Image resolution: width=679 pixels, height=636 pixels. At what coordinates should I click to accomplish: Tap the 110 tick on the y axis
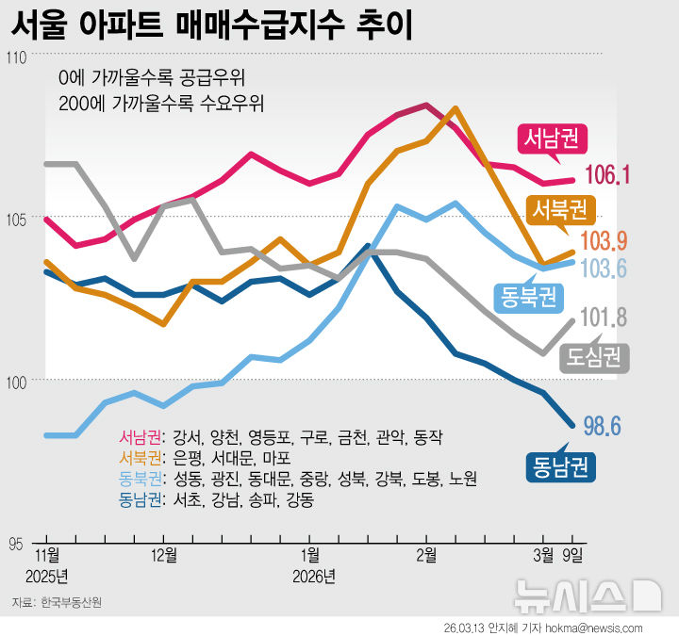[16, 57]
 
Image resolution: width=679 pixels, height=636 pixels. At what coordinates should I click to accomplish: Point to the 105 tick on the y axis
[16, 220]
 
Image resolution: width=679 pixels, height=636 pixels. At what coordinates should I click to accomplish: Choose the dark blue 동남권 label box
[561, 465]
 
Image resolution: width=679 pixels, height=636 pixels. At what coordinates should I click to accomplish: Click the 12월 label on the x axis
[164, 553]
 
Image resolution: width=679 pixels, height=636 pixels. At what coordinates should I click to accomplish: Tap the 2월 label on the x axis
[427, 553]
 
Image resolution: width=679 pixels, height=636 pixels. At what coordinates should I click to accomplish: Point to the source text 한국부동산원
[71, 601]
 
